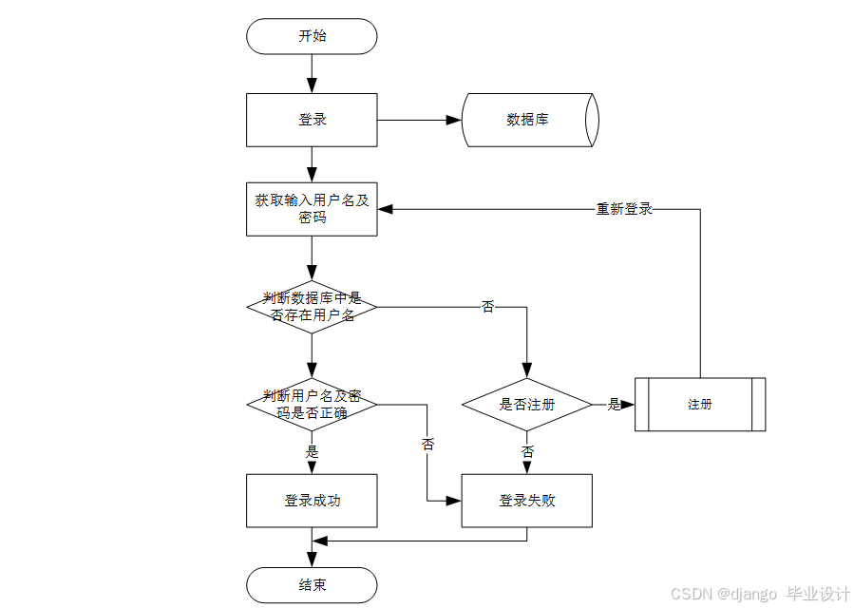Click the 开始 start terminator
[312, 36]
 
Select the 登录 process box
[312, 120]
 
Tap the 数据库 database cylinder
[529, 120]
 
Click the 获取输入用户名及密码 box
[312, 209]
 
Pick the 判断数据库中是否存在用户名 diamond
[312, 307]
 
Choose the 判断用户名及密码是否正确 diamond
[312, 404]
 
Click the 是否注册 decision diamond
[527, 404]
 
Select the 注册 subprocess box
[700, 404]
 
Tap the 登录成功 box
[312, 501]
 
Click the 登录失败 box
[527, 501]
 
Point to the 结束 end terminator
[312, 584]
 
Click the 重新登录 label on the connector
[624, 209]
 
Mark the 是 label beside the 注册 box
[614, 404]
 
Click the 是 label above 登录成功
[312, 451]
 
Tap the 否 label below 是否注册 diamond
[527, 451]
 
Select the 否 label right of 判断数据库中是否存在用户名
[488, 307]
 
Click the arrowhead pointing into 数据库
[454, 121]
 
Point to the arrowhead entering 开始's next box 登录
[312, 85]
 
